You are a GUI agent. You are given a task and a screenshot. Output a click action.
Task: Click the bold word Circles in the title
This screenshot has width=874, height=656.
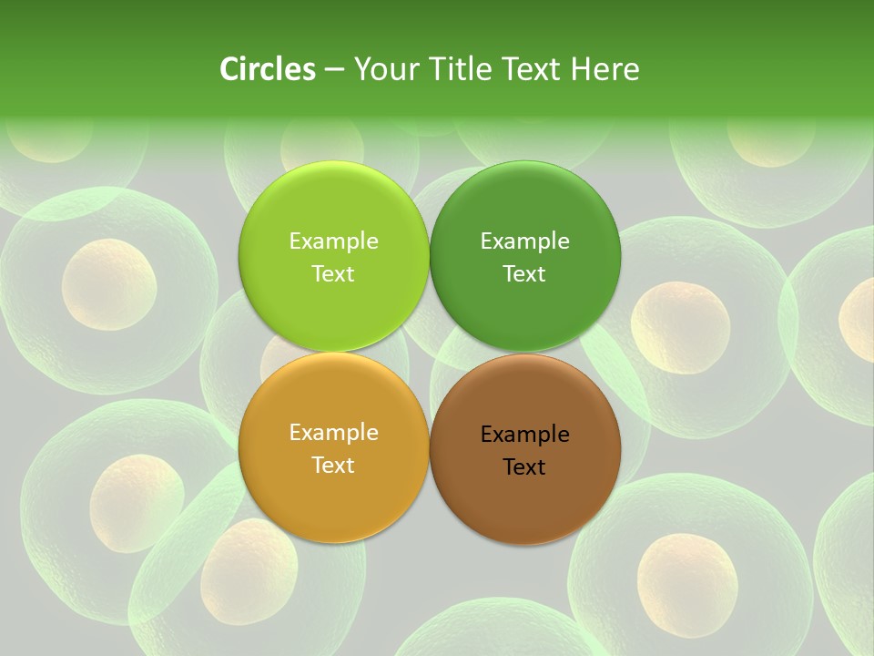click(268, 69)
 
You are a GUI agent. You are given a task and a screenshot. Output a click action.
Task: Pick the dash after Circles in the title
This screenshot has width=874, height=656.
click(334, 70)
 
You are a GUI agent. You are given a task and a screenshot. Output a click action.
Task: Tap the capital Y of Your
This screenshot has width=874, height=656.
click(361, 69)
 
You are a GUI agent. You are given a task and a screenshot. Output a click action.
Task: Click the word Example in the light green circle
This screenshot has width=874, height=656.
click(333, 241)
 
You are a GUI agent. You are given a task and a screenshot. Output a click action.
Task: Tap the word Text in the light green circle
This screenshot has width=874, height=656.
click(333, 273)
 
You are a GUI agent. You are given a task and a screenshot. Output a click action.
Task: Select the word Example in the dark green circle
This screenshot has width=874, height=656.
click(524, 241)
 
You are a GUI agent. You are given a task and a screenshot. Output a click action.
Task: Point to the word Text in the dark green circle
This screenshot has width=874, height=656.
click(524, 273)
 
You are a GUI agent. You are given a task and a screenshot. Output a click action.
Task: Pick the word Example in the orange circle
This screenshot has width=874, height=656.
click(333, 433)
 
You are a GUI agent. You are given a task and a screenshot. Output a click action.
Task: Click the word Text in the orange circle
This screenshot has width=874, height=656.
click(333, 465)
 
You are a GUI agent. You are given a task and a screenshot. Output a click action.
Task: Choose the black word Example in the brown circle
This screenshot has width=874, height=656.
click(524, 435)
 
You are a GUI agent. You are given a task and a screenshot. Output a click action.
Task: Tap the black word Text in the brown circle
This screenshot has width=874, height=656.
click(524, 466)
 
